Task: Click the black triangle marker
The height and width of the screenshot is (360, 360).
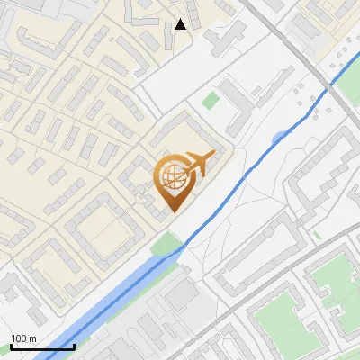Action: point(181,24)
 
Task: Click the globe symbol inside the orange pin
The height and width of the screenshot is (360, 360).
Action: point(173,176)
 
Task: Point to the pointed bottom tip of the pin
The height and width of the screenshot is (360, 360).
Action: point(174,211)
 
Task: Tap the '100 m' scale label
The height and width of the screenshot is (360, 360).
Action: point(23,338)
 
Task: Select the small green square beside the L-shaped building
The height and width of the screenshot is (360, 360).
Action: point(211,100)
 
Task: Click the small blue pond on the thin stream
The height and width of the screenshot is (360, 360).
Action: point(280,137)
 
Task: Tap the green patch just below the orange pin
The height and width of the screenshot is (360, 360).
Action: point(166,243)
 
